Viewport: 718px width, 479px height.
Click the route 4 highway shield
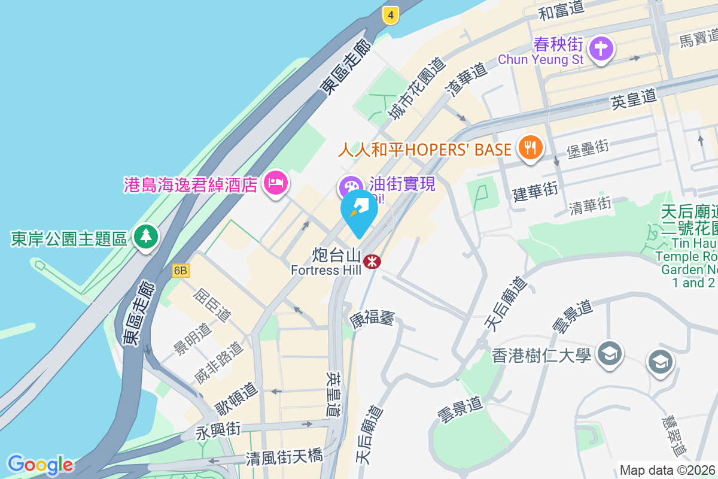point(390,16)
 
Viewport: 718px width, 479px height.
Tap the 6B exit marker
point(181,271)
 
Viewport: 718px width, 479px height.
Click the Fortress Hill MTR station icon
point(372,261)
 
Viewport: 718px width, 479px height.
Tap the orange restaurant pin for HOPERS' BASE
point(530,147)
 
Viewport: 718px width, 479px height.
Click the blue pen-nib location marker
point(360,211)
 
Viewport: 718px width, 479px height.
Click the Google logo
point(40,465)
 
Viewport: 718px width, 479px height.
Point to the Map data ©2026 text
point(668,470)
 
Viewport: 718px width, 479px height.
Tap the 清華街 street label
point(591,207)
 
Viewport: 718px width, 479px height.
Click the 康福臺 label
point(372,318)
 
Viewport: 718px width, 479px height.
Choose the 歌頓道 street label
point(237,399)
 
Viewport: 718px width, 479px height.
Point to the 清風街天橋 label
point(284,457)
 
